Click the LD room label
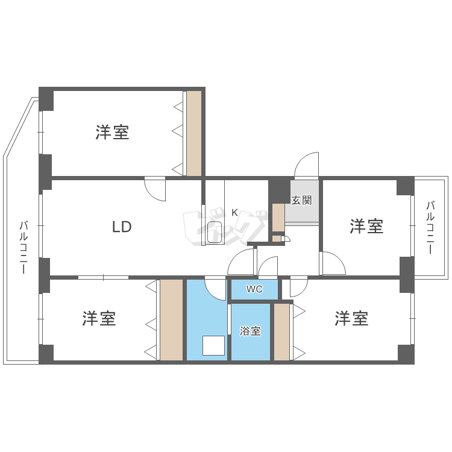(122, 227)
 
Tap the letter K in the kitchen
(234, 212)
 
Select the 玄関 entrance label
(301, 200)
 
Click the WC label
(255, 289)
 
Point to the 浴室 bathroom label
(250, 331)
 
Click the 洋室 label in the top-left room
(112, 133)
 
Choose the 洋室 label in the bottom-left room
(99, 318)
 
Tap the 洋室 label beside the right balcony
(366, 227)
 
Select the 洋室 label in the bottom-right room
(351, 318)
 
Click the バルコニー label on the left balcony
(23, 247)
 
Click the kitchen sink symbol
(215, 233)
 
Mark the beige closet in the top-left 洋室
(193, 133)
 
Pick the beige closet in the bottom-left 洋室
(171, 320)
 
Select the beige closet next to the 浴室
(281, 332)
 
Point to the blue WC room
(255, 290)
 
